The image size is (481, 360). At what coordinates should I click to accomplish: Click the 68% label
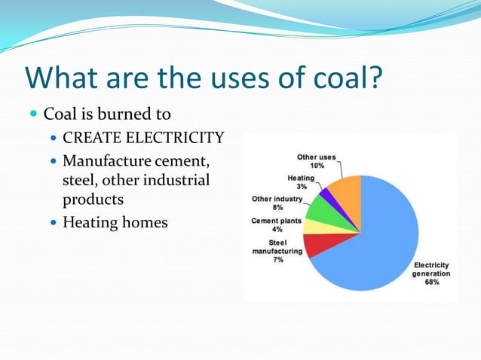coord(431,282)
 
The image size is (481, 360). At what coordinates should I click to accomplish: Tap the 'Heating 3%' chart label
coord(302,182)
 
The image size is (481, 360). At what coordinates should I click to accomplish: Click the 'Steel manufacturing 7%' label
coord(277,251)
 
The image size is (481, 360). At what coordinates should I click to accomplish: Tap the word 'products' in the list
coord(93,200)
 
